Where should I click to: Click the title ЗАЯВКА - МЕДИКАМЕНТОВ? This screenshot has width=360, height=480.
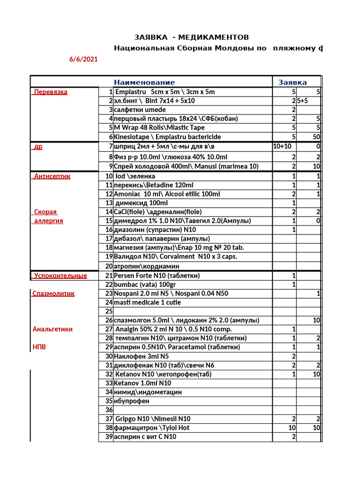click(191, 37)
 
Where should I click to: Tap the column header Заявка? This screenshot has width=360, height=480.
click(293, 82)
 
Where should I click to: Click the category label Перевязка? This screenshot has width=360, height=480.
click(50, 92)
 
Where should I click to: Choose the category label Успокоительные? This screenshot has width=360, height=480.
click(60, 276)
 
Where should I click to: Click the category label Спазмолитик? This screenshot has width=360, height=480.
click(54, 293)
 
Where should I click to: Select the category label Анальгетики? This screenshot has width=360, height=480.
click(52, 329)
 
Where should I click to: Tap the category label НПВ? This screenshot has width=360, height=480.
click(40, 347)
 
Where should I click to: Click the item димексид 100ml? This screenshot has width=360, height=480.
click(142, 203)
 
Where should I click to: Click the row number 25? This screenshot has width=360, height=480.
click(109, 311)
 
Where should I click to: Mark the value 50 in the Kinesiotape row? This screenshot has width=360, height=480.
click(316, 137)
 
